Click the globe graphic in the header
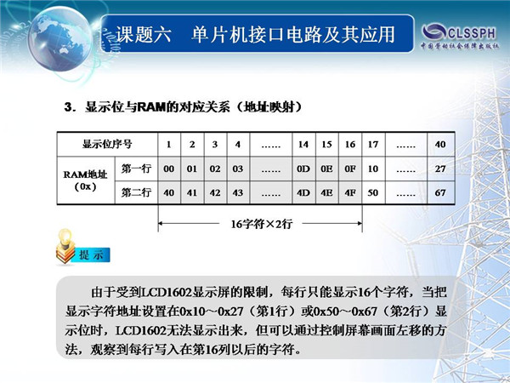coord(59,39)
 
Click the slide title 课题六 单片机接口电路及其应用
coord(255,34)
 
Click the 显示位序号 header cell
coord(107,145)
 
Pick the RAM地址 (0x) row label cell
coord(86,180)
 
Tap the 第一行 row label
coord(136,169)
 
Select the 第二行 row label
coord(136,193)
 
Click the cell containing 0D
coord(303,169)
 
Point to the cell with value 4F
coord(350,193)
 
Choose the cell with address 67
coord(440,193)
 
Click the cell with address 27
coord(440,169)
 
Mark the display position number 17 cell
coord(373,145)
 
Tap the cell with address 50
coord(373,193)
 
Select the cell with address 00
coord(169,169)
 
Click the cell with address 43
coord(238,193)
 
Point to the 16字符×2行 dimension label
coord(262,224)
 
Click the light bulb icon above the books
coord(65,237)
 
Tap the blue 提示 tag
coord(92,255)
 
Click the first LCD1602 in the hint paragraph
coord(166,292)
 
